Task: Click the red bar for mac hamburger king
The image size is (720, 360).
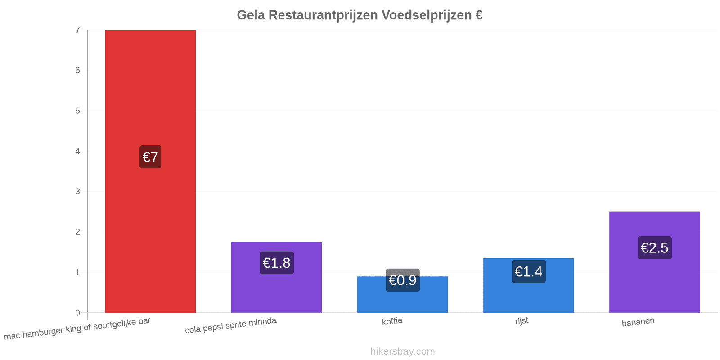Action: point(150,171)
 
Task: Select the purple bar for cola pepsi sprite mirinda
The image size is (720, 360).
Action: point(276,277)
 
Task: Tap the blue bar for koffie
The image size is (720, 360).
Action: point(402,294)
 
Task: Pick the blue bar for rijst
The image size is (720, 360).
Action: point(528,285)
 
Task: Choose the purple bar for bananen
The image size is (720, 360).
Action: point(654,262)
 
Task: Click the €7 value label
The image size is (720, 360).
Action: point(150,157)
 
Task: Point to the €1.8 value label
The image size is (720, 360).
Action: point(277,263)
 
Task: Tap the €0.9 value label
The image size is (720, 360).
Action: point(403,280)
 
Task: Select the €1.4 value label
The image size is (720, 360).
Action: point(529,272)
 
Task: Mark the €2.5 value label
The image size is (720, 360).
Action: point(655,248)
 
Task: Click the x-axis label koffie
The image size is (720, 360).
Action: point(392,321)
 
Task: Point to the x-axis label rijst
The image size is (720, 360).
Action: point(522,321)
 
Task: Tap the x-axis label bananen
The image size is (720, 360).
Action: point(638,322)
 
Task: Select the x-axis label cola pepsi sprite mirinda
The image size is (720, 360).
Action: point(231,325)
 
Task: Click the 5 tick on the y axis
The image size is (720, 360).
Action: point(77,111)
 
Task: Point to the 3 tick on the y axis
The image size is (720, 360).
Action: point(77,192)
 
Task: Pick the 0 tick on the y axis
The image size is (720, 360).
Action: point(77,313)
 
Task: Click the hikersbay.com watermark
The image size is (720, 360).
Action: point(402,351)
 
